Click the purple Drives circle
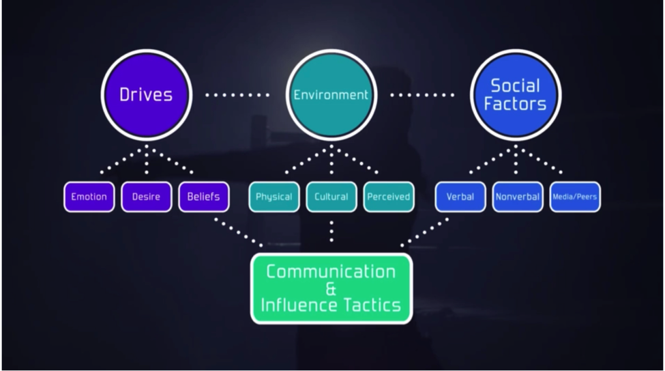tap(145, 95)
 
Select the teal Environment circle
tap(331, 95)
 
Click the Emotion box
tap(89, 197)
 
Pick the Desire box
tap(147, 197)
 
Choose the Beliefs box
tap(203, 197)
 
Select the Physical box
tap(274, 197)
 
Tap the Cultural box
tap(331, 197)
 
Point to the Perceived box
tap(388, 197)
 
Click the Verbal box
tap(460, 197)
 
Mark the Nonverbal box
tap(517, 197)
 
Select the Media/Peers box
tap(575, 197)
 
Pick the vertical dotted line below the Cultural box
tap(331, 231)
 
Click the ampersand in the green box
tap(331, 288)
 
